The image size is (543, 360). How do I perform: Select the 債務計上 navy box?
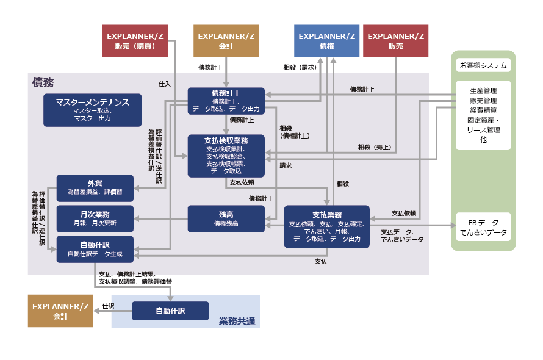(226, 101)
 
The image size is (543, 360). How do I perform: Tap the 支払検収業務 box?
(226, 156)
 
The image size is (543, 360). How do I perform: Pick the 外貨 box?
(94, 187)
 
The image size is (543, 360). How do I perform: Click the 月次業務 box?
(94, 218)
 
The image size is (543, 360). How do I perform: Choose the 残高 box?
(226, 218)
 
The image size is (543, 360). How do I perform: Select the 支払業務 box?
(326, 226)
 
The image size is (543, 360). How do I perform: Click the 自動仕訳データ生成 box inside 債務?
(94, 249)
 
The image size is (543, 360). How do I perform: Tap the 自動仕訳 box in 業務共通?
(170, 311)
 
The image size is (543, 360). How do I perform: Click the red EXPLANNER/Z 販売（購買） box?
(135, 41)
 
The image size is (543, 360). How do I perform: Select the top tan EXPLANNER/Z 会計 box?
(226, 41)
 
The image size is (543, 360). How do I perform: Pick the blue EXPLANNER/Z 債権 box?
(326, 41)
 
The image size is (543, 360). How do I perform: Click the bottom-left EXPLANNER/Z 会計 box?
(60, 311)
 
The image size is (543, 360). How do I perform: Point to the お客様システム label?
(483, 65)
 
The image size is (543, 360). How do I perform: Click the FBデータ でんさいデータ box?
(483, 227)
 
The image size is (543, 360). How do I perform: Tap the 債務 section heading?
(43, 82)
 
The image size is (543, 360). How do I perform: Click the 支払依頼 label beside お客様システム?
(403, 213)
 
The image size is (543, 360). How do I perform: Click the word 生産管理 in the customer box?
(483, 91)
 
